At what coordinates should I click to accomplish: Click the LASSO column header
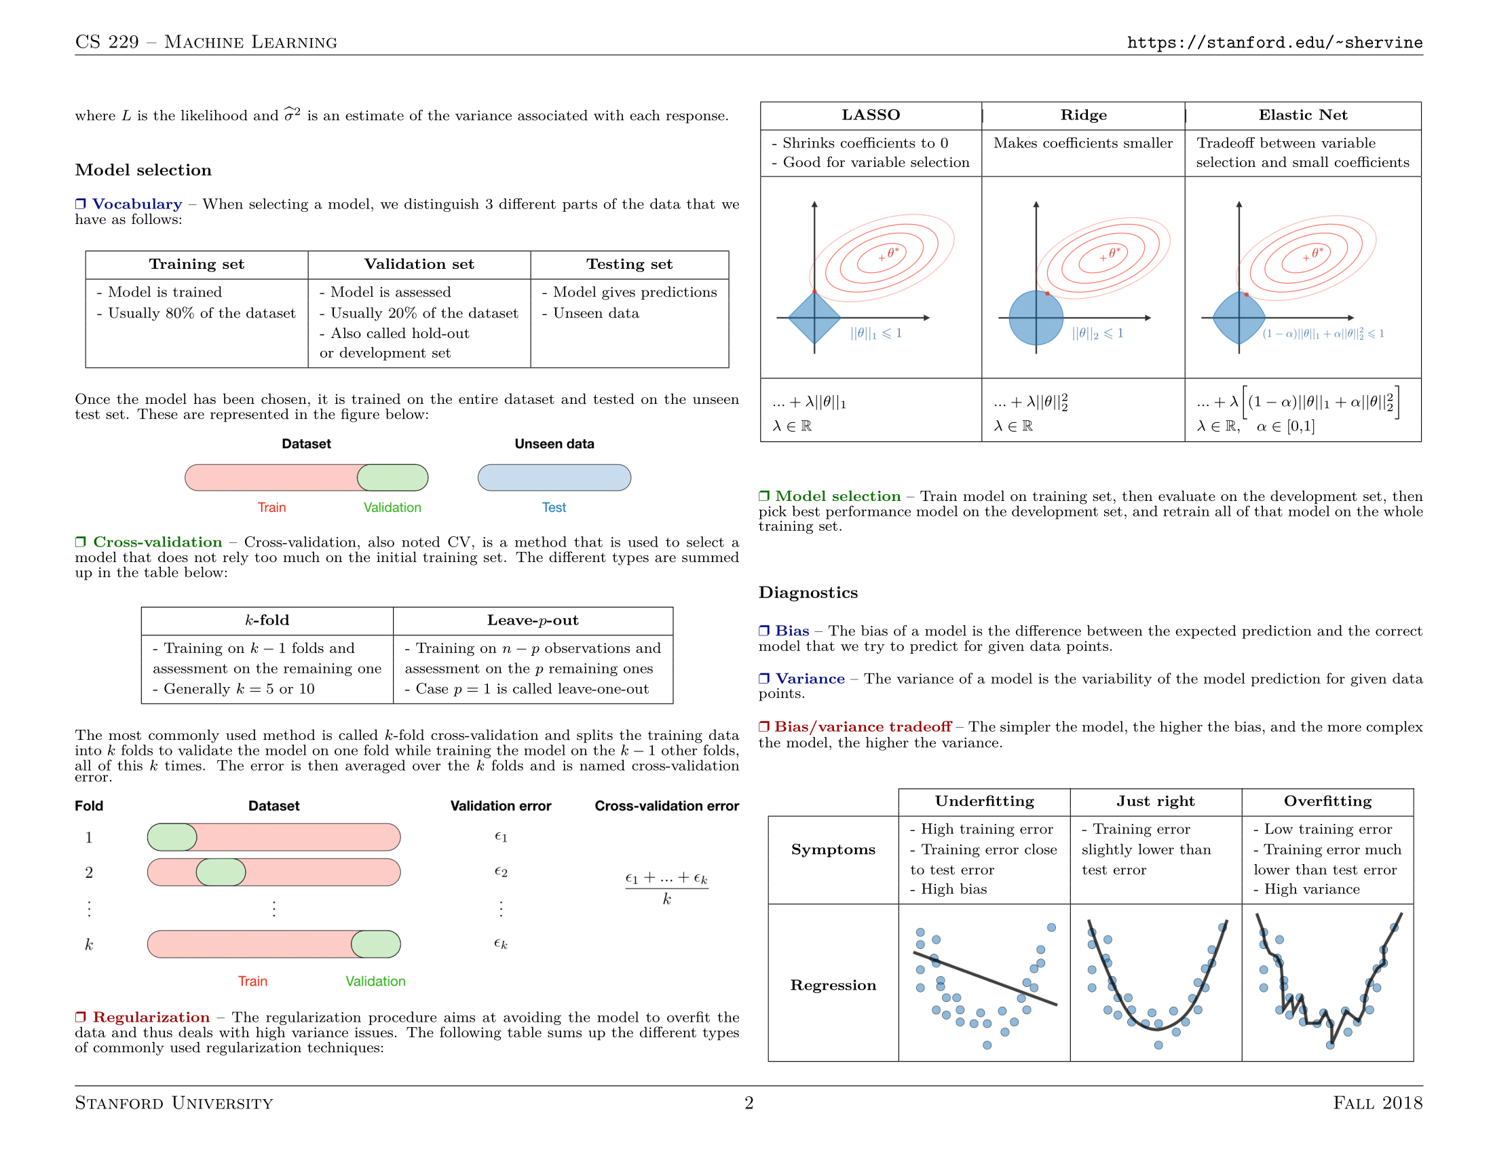pos(870,115)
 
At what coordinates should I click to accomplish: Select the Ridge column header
pos(1083,115)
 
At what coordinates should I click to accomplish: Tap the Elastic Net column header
pos(1302,115)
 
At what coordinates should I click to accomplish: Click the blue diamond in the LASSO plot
pos(814,318)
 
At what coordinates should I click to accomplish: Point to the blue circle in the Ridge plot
pos(1036,318)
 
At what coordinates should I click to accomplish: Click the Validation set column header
pos(418,265)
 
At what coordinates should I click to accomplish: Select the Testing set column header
pos(629,265)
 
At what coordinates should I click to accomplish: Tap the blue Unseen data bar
pos(554,477)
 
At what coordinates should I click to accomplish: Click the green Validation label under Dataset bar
pos(392,507)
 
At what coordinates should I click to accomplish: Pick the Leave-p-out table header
pos(533,620)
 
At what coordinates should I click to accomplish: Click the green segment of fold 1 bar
pos(172,837)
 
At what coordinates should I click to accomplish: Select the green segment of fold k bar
pos(376,944)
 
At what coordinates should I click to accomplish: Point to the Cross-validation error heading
pos(666,806)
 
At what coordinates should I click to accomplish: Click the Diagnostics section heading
pos(808,593)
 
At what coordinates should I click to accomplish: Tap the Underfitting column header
pos(984,801)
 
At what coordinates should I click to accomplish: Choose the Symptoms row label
pos(833,850)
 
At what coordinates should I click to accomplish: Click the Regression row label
pos(833,985)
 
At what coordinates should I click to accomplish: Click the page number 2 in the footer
pos(749,1102)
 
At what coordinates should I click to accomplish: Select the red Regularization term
pos(151,1018)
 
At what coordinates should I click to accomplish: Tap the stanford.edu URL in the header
pos(1274,42)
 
